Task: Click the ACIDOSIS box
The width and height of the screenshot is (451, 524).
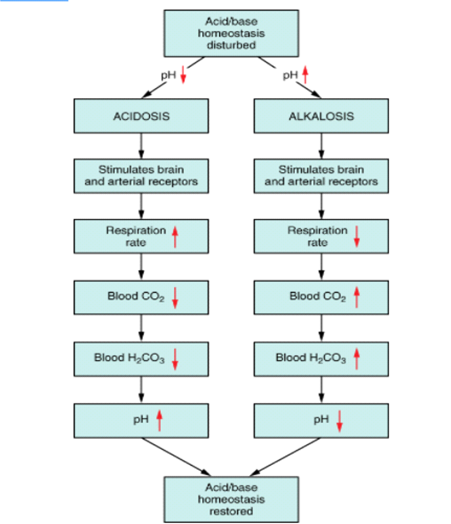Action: click(x=141, y=116)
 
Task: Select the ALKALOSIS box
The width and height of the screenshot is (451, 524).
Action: click(x=321, y=116)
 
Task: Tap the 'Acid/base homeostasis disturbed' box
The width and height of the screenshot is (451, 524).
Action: click(x=231, y=34)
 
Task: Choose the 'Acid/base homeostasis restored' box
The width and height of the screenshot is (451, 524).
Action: click(x=231, y=499)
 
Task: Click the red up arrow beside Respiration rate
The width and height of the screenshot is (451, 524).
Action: click(x=175, y=237)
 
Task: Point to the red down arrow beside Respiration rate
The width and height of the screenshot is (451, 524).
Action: click(x=357, y=236)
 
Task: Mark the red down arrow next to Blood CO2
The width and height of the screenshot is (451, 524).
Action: click(x=175, y=298)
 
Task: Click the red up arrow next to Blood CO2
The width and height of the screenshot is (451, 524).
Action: click(x=357, y=297)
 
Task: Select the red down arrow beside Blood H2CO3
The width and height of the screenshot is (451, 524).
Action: click(x=175, y=359)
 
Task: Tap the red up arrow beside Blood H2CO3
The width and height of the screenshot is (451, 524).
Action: click(x=357, y=359)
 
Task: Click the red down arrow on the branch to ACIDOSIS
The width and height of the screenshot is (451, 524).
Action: click(x=183, y=75)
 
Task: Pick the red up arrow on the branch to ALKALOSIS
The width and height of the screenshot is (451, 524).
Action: click(x=305, y=75)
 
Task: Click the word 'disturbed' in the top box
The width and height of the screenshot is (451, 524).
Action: click(x=231, y=45)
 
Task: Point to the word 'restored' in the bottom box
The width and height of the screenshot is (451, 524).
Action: click(x=231, y=511)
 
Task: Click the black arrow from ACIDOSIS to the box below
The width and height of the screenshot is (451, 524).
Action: click(x=141, y=146)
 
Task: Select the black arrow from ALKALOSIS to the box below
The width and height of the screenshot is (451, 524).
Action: click(x=321, y=146)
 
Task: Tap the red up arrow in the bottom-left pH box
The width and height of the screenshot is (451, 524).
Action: click(x=159, y=421)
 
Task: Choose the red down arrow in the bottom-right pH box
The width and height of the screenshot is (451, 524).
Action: click(x=340, y=421)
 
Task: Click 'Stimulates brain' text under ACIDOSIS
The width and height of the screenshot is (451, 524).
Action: click(x=141, y=170)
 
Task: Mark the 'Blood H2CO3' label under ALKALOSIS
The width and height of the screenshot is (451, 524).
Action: click(x=311, y=358)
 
